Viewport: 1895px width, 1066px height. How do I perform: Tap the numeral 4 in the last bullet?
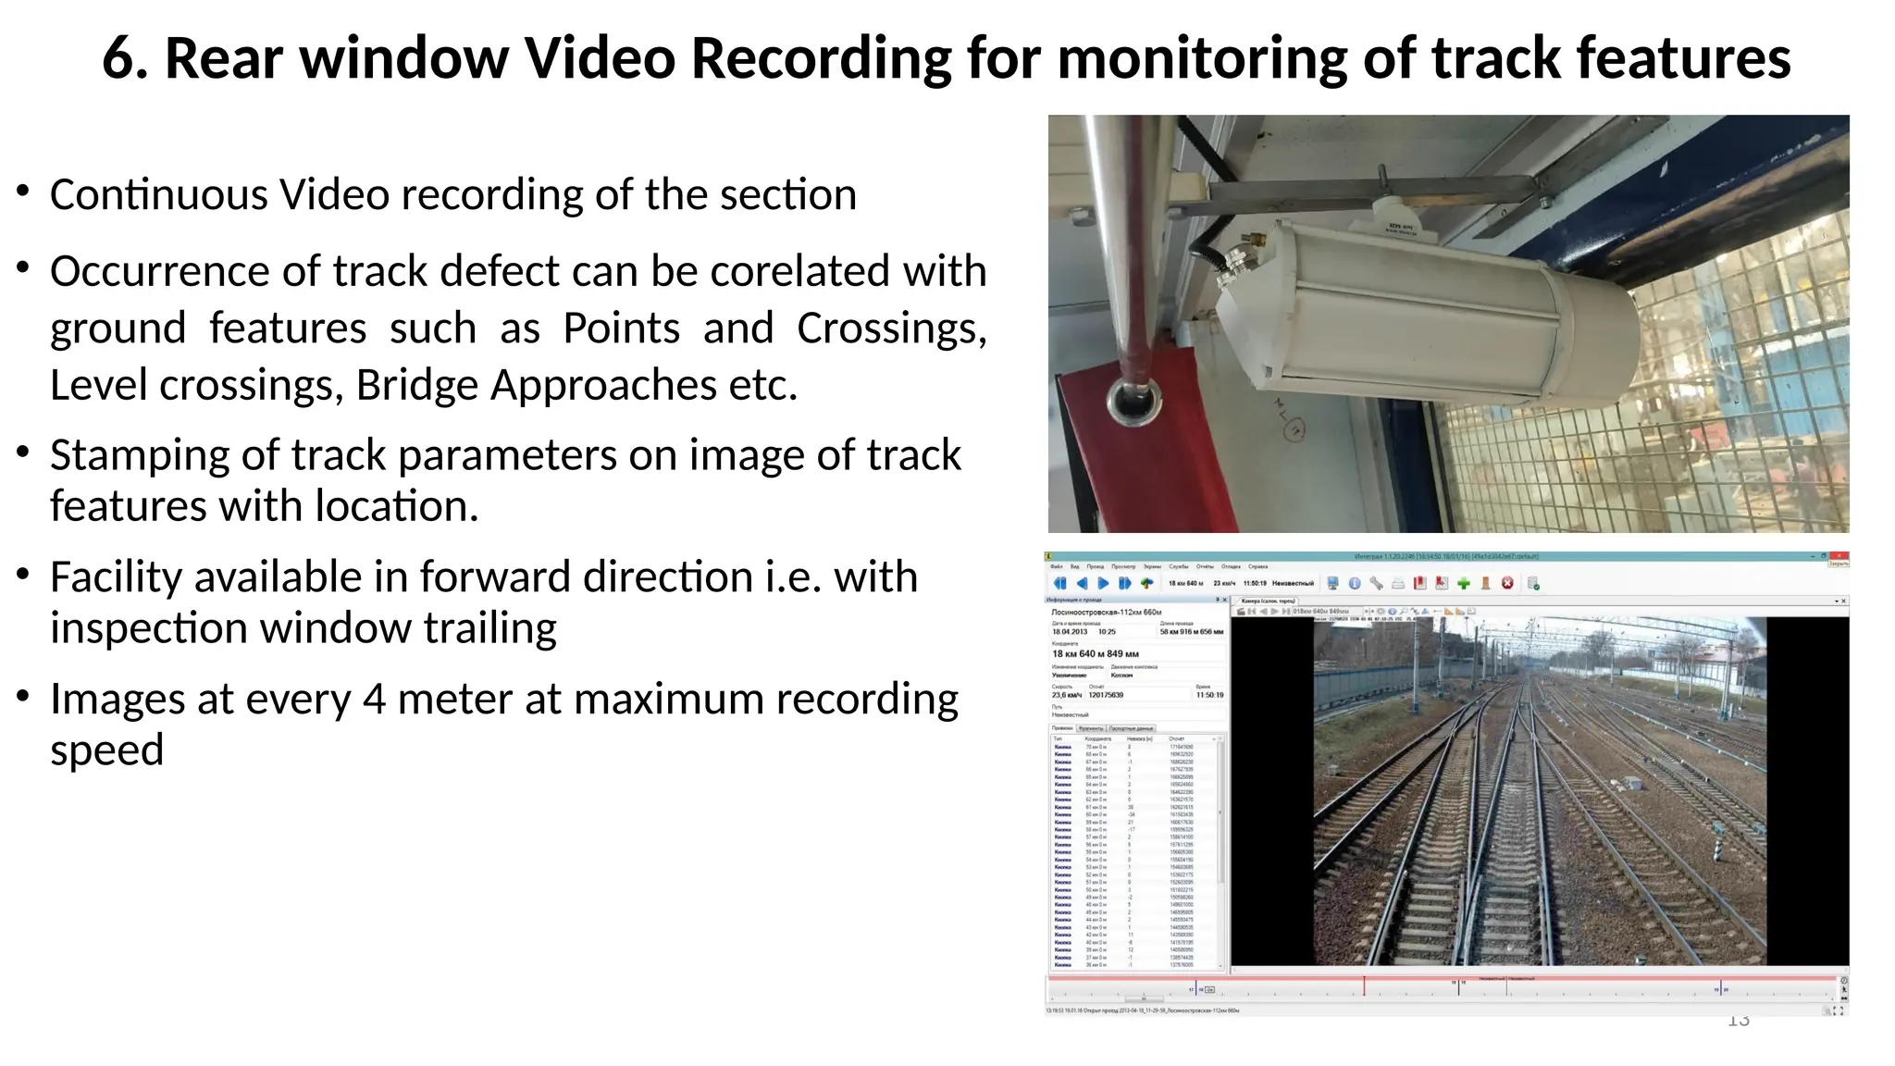coord(374,700)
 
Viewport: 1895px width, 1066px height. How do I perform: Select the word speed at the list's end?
coord(106,750)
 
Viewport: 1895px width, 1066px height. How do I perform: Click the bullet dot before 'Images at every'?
coord(24,695)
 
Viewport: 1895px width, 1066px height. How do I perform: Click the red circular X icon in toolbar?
coord(1507,583)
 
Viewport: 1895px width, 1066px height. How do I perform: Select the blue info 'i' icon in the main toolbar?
coord(1355,583)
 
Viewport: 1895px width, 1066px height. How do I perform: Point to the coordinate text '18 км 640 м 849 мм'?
coord(1095,654)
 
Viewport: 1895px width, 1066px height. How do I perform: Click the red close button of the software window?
coord(1838,557)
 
